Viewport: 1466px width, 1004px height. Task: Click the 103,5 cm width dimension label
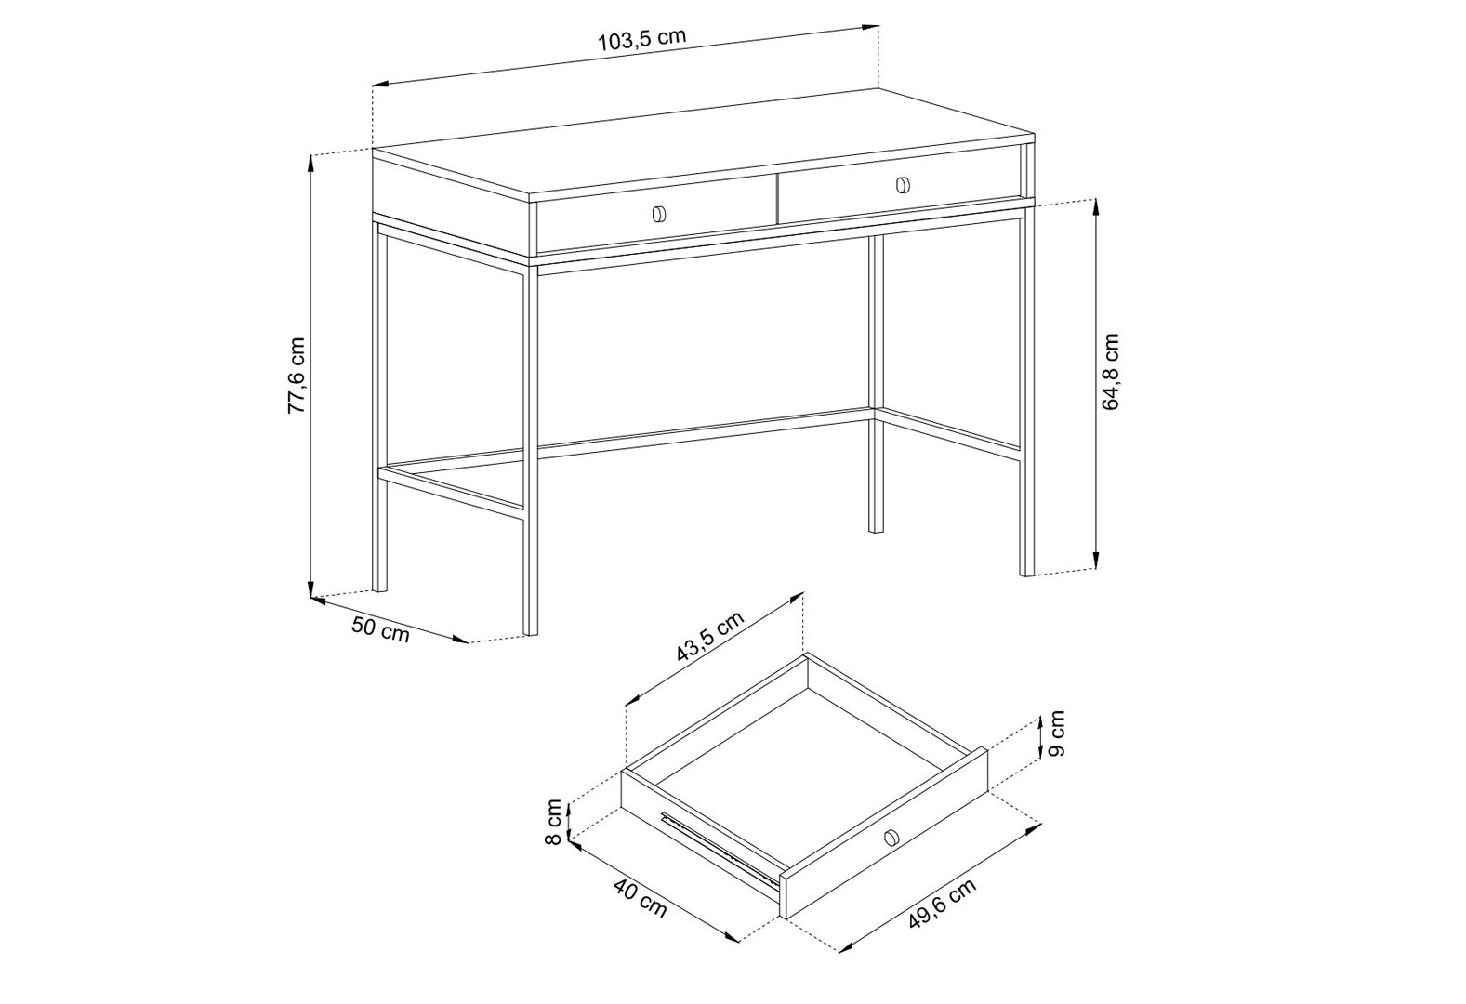(642, 40)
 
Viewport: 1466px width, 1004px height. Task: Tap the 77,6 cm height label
(297, 375)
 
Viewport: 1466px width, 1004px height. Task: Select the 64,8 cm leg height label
(1111, 371)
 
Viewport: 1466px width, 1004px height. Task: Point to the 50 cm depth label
(380, 629)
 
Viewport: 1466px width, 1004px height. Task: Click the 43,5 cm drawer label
(709, 637)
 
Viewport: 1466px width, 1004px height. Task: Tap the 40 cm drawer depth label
(641, 898)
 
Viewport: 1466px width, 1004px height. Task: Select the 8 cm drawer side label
(553, 822)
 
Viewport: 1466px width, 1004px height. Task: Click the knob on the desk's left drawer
(658, 214)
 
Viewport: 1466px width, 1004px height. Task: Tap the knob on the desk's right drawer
(903, 185)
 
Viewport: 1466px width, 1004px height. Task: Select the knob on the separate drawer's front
(890, 837)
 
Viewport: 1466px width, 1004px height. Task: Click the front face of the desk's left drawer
(656, 213)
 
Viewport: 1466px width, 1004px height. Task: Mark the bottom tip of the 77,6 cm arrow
(310, 597)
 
